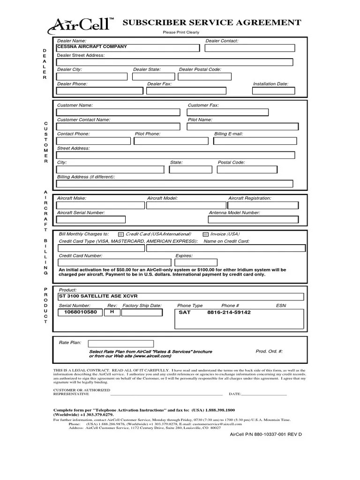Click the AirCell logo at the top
pos(81,24)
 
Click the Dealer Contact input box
pos(250,47)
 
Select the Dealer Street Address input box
pos(174,62)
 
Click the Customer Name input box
pos(118,112)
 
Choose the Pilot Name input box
pos(243,126)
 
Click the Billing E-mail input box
pos(255,141)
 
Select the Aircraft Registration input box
pos(262,205)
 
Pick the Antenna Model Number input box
pos(253,219)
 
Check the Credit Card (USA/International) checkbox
pos(121,234)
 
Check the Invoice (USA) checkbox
pos(205,234)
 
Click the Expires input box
pos(196,262)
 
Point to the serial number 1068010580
pos(81,312)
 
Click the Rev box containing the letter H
pos(112,312)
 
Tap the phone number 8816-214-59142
pos(229,312)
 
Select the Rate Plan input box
pos(120,344)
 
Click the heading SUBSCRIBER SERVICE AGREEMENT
pos(211,22)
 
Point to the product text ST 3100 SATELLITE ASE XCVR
pos(94,297)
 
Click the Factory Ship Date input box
pos(141,313)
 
